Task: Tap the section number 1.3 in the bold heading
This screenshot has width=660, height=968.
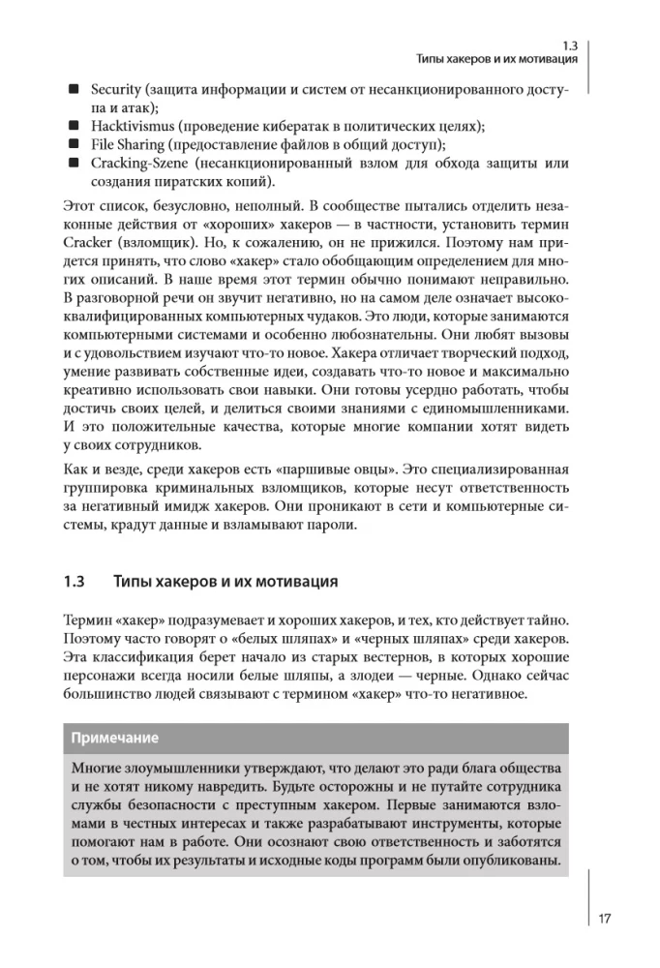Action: pos(75,583)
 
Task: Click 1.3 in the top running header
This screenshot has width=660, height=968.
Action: pos(569,45)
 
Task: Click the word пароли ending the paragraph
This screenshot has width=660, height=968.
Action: pos(334,526)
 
